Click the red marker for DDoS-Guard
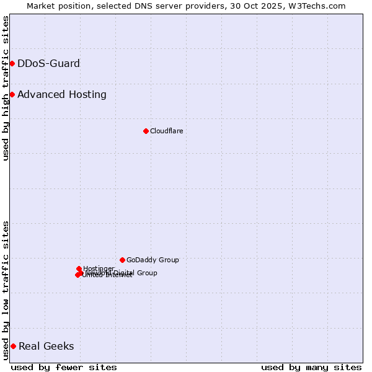click(12, 63)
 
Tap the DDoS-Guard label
click(48, 63)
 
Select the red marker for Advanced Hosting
click(12, 94)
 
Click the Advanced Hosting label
click(62, 94)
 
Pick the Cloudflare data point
click(146, 131)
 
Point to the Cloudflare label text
click(166, 131)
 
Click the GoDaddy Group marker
click(122, 260)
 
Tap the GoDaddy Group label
click(153, 260)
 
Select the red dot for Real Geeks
click(13, 346)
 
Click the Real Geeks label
click(46, 346)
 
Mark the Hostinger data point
click(79, 269)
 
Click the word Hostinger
click(99, 268)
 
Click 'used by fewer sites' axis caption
click(64, 367)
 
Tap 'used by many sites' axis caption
click(311, 367)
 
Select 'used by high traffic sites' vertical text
click(6, 88)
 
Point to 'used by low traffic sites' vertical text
click(6, 290)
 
